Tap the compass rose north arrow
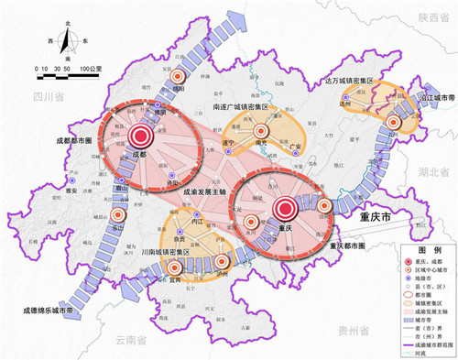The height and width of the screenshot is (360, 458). point(67,39)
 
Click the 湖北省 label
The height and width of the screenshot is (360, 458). point(438,171)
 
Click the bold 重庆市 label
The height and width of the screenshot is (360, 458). point(373,220)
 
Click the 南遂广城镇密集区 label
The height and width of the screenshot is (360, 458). point(241,107)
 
